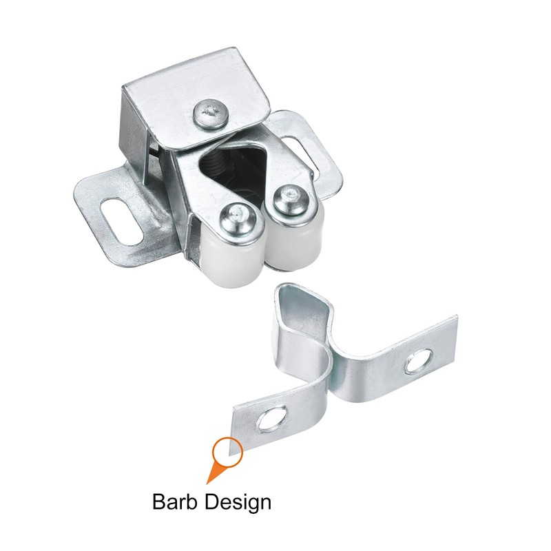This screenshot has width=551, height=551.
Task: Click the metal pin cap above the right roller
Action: pos(291,200)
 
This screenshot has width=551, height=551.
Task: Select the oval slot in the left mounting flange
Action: pos(121,222)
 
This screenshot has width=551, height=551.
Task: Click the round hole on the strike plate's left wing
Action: pos(273,419)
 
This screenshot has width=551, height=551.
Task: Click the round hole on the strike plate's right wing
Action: pos(419,361)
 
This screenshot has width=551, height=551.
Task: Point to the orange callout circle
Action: pos(228,451)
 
